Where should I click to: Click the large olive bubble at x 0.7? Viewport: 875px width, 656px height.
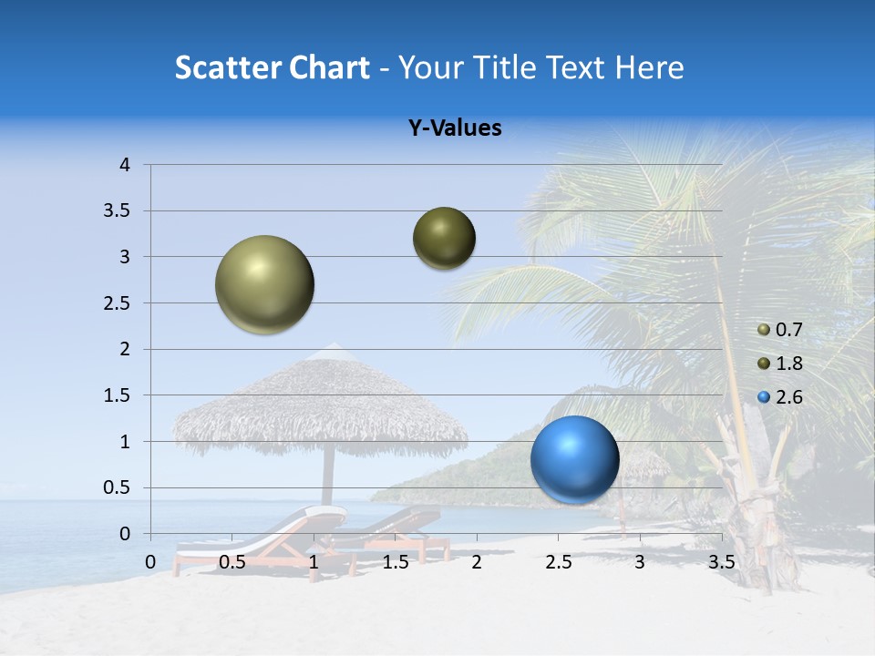click(265, 284)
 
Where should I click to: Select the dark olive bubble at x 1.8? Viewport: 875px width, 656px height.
click(444, 239)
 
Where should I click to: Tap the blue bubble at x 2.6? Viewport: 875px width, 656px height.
click(574, 459)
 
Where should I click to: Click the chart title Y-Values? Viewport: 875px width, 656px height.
click(454, 128)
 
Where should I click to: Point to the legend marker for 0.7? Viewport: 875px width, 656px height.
click(764, 330)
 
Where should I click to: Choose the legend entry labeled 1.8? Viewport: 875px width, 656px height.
click(788, 364)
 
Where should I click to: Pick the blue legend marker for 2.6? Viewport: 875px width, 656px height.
click(764, 397)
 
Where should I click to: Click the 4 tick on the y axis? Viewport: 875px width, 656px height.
click(125, 165)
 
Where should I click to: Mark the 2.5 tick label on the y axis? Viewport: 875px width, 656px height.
click(117, 303)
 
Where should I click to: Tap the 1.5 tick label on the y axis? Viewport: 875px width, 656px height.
click(117, 395)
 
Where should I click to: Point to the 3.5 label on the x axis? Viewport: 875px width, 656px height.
click(721, 562)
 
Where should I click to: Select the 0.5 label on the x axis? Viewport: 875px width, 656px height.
click(232, 562)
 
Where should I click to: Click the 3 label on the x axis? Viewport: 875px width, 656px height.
click(639, 562)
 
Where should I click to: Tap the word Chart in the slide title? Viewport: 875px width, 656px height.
click(329, 67)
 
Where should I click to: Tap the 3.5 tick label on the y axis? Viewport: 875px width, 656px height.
click(117, 211)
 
